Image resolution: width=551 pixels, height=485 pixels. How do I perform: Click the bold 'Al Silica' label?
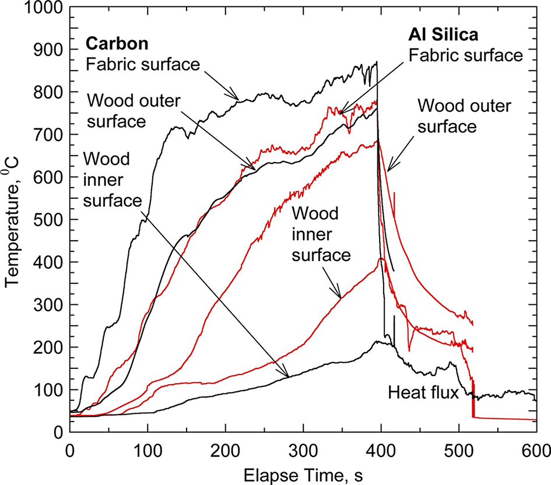click(x=443, y=35)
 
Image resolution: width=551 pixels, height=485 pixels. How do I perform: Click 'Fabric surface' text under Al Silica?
click(x=465, y=55)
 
